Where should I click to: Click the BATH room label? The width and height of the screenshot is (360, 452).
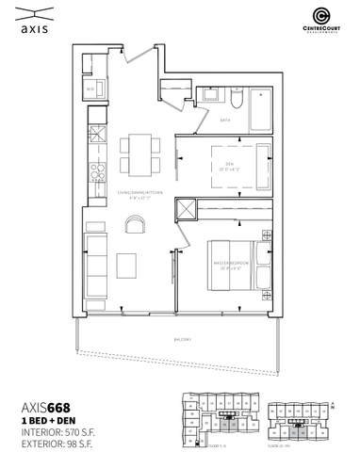[225, 121]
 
